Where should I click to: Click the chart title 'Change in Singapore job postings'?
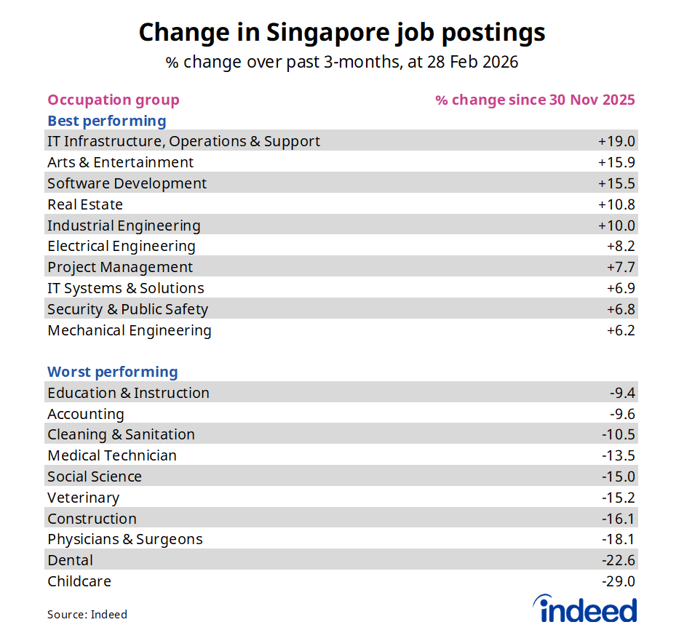pyautogui.click(x=341, y=33)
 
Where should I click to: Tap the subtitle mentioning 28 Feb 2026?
pyautogui.click(x=341, y=63)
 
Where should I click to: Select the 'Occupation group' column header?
pyautogui.click(x=113, y=100)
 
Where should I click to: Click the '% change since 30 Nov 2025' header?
pyautogui.click(x=535, y=100)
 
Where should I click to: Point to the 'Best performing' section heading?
pyautogui.click(x=107, y=121)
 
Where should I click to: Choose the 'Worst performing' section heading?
pyautogui.click(x=112, y=372)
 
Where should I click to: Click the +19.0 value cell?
pyautogui.click(x=616, y=141)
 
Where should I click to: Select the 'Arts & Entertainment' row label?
pyautogui.click(x=120, y=162)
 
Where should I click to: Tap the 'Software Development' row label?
pyautogui.click(x=127, y=183)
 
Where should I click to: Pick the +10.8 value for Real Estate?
pyautogui.click(x=616, y=204)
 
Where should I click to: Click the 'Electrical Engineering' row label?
pyautogui.click(x=121, y=246)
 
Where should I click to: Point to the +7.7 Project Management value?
pyautogui.click(x=621, y=267)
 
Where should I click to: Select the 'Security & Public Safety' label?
pyautogui.click(x=127, y=309)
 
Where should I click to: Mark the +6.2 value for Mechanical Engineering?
pyautogui.click(x=621, y=330)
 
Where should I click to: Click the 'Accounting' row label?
pyautogui.click(x=86, y=414)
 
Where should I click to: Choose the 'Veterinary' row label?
pyautogui.click(x=83, y=498)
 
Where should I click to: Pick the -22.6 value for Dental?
pyautogui.click(x=619, y=560)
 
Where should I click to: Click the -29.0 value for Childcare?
pyautogui.click(x=619, y=581)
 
